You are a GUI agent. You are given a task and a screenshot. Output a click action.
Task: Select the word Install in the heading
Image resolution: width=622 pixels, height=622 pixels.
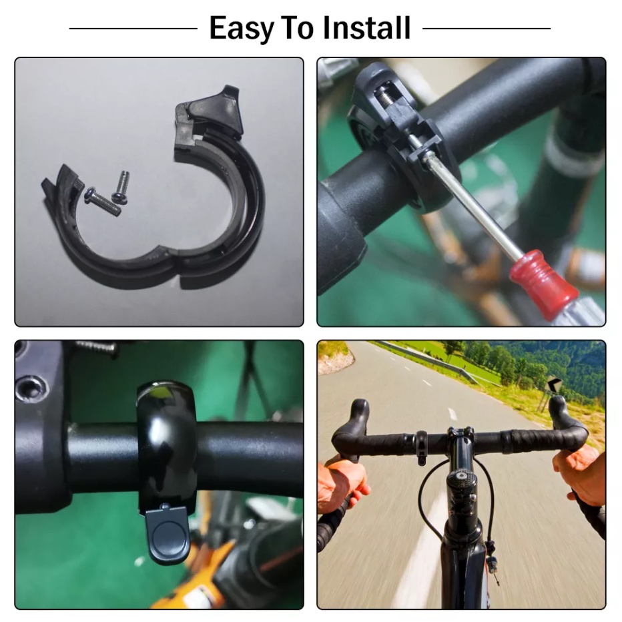(x=366, y=28)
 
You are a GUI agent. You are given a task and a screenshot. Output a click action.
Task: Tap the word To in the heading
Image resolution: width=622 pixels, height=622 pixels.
(x=298, y=28)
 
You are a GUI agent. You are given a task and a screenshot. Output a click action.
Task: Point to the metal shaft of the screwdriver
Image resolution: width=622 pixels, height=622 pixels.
(x=472, y=202)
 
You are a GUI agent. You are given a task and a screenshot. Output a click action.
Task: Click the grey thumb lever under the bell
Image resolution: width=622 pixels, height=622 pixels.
(x=168, y=533)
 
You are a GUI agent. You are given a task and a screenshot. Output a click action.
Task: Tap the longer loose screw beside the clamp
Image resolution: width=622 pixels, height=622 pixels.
(x=102, y=202)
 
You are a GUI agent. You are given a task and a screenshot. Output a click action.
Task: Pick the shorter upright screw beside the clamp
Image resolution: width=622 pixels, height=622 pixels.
(x=121, y=188)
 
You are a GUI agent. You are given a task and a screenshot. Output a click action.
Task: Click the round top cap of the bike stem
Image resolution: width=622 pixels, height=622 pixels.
(x=461, y=476)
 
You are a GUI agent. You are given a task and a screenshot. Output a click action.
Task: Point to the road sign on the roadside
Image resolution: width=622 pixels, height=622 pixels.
(x=554, y=384)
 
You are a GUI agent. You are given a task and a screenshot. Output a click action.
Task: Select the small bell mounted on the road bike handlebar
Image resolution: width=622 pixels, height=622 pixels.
(x=421, y=447)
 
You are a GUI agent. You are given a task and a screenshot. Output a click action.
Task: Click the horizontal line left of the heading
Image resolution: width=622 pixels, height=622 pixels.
(x=133, y=29)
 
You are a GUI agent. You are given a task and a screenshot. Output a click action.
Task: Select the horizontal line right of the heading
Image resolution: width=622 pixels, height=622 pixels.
(x=487, y=29)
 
